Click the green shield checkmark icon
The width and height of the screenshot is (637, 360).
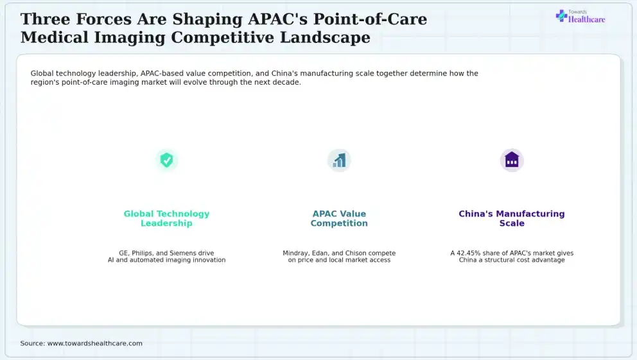click(166, 160)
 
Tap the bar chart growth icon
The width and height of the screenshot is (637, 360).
click(339, 160)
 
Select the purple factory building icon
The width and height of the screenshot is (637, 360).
click(512, 160)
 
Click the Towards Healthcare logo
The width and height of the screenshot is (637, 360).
click(580, 17)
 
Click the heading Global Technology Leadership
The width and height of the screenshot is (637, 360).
click(166, 218)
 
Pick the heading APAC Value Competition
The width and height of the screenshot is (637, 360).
click(339, 218)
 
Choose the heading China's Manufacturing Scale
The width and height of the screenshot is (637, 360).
click(512, 218)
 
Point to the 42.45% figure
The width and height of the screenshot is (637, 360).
click(468, 253)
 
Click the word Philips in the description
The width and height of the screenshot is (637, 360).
click(143, 253)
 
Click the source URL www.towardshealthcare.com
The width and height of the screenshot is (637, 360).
click(95, 343)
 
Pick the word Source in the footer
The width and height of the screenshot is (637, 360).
click(33, 343)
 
